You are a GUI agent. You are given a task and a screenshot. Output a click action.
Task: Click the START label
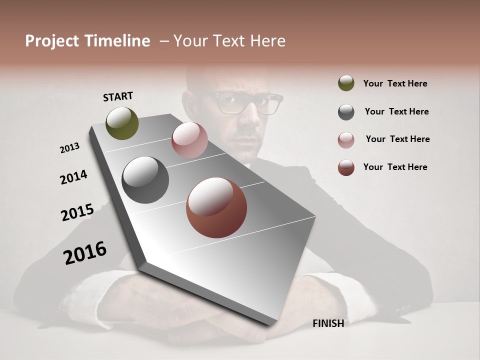pos(118,96)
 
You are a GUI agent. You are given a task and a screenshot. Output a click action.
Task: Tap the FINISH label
pos(328,323)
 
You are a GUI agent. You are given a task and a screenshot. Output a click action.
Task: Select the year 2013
pos(70,148)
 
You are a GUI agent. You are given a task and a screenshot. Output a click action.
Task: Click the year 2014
pos(73,177)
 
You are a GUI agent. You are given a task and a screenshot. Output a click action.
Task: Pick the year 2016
pos(85,252)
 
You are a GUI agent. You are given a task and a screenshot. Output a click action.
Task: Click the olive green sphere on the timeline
pos(122,123)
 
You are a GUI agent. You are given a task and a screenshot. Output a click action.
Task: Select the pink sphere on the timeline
pos(189,140)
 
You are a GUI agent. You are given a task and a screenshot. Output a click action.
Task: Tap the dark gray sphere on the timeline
pos(145,180)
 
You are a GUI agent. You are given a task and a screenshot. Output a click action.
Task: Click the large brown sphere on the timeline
pos(216,207)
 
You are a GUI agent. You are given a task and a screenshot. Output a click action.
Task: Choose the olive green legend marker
pos(346,83)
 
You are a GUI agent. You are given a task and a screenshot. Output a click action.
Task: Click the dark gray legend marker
pos(346,111)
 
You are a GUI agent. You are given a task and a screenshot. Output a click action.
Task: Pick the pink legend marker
pos(346,139)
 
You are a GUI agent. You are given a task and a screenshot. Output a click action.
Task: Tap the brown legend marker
pos(346,167)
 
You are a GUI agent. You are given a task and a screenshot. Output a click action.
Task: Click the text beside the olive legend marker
pos(395,83)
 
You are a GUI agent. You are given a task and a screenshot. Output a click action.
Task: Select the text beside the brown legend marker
pos(395,167)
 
